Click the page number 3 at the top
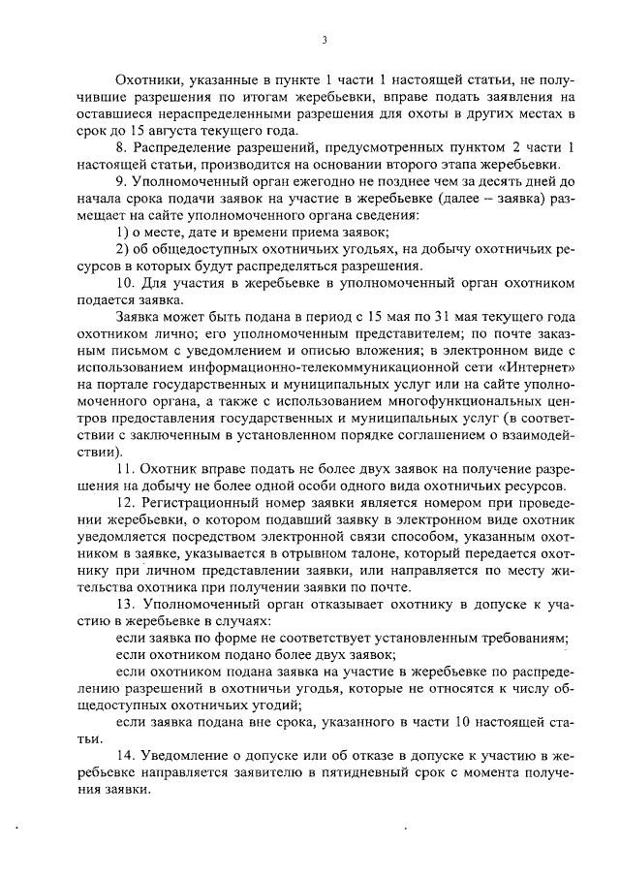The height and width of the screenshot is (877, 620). (x=325, y=39)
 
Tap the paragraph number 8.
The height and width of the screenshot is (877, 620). (x=120, y=148)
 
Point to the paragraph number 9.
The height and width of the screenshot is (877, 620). (x=120, y=181)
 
